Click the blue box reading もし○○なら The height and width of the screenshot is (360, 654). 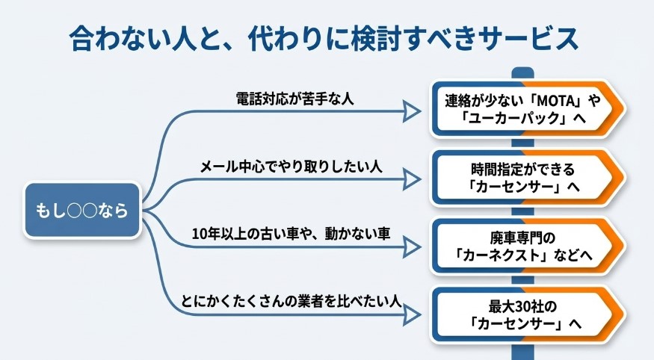(x=81, y=211)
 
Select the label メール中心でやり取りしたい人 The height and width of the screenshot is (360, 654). (x=291, y=165)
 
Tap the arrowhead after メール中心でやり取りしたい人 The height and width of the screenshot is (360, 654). (x=411, y=179)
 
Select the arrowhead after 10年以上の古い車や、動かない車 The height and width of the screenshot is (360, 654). (x=411, y=246)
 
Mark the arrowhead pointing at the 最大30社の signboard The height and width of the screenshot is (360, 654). (x=411, y=314)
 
